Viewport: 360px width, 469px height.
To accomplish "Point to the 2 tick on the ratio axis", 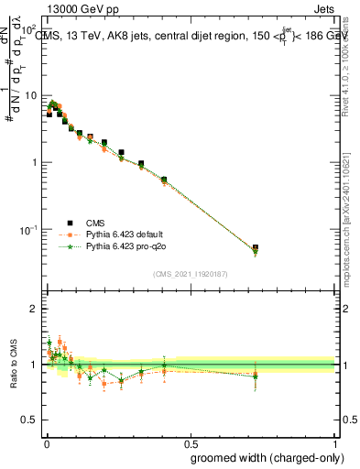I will [x=34, y=309].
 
